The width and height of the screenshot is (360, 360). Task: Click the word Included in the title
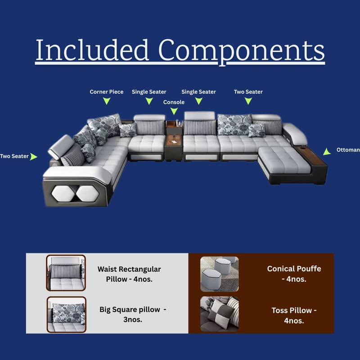[92, 50]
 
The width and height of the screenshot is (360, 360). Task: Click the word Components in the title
[242, 52]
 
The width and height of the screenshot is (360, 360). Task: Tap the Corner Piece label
[107, 92]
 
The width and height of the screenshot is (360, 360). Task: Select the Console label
[174, 102]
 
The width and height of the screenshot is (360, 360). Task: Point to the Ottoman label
[348, 150]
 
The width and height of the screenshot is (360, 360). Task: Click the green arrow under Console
[174, 111]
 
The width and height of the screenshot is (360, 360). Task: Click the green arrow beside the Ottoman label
[327, 152]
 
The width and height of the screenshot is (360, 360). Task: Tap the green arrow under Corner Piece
[107, 101]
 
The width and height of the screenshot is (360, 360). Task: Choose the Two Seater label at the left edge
[14, 156]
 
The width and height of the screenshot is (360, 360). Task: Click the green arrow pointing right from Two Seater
[33, 157]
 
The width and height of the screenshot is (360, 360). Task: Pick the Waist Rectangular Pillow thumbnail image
[66, 273]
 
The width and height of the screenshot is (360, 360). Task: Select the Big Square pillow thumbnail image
[66, 315]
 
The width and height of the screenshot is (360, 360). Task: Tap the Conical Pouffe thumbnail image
[220, 274]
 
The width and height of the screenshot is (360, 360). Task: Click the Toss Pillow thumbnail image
[220, 314]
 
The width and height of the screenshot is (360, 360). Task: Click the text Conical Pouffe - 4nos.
[294, 274]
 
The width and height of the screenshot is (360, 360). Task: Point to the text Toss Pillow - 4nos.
[294, 315]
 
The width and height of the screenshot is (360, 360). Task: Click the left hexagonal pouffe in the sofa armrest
[63, 193]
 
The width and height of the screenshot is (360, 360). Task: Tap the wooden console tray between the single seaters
[174, 139]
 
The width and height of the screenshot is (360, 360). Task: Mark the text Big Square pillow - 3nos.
[133, 314]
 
